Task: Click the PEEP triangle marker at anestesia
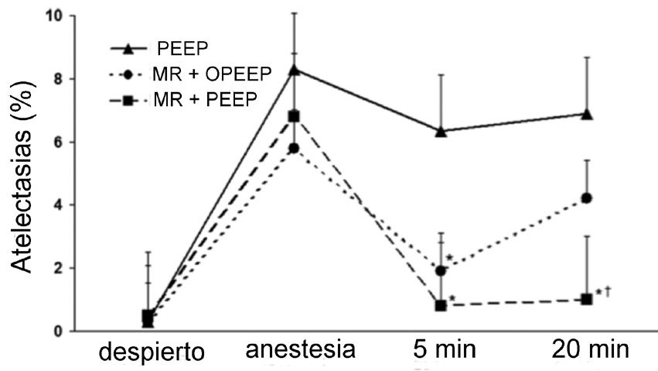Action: pos(294,70)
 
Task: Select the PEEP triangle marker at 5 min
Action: pos(441,131)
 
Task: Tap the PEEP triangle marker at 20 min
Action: pos(587,114)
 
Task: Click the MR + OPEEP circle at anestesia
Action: pos(294,148)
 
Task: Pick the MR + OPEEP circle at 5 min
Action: pos(441,271)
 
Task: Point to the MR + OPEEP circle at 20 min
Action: pos(587,198)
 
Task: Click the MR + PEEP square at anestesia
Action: pos(294,116)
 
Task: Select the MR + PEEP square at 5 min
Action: pos(441,306)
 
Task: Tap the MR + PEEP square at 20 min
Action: pos(587,299)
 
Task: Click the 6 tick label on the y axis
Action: pos(59,142)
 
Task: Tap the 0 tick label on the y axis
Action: pos(59,331)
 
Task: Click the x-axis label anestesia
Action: pos(300,350)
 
